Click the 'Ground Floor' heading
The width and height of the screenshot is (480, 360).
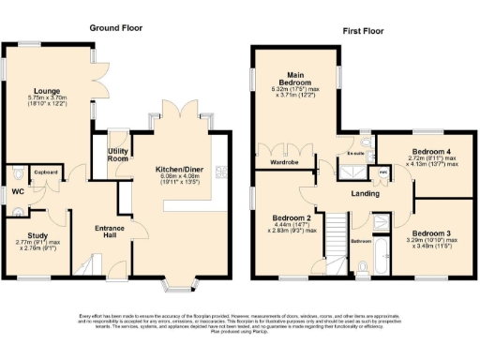pos(115,28)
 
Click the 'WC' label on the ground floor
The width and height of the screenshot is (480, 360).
pos(18,193)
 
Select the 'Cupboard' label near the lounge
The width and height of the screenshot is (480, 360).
pos(44,172)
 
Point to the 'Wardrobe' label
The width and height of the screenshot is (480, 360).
pos(283,161)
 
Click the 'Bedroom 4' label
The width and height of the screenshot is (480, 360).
pos(433,152)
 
